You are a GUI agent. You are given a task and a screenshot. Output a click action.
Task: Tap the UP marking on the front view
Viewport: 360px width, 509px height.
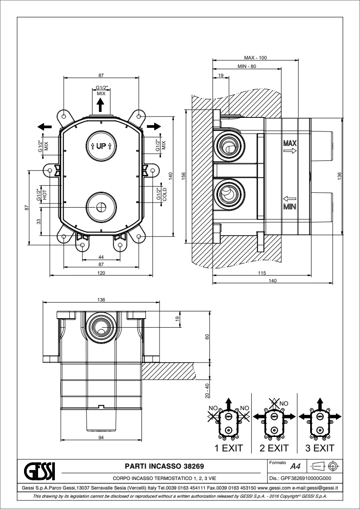click(101, 146)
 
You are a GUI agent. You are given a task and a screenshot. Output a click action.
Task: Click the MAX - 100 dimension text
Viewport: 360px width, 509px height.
click(256, 58)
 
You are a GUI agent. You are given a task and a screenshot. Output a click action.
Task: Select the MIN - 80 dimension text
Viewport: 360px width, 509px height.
click(247, 67)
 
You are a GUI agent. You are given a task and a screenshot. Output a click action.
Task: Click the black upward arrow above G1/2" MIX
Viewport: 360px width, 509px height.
click(101, 106)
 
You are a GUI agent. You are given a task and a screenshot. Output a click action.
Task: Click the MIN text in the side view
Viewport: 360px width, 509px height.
click(290, 208)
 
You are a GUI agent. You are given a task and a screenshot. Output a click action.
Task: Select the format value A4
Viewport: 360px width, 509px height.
click(295, 466)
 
